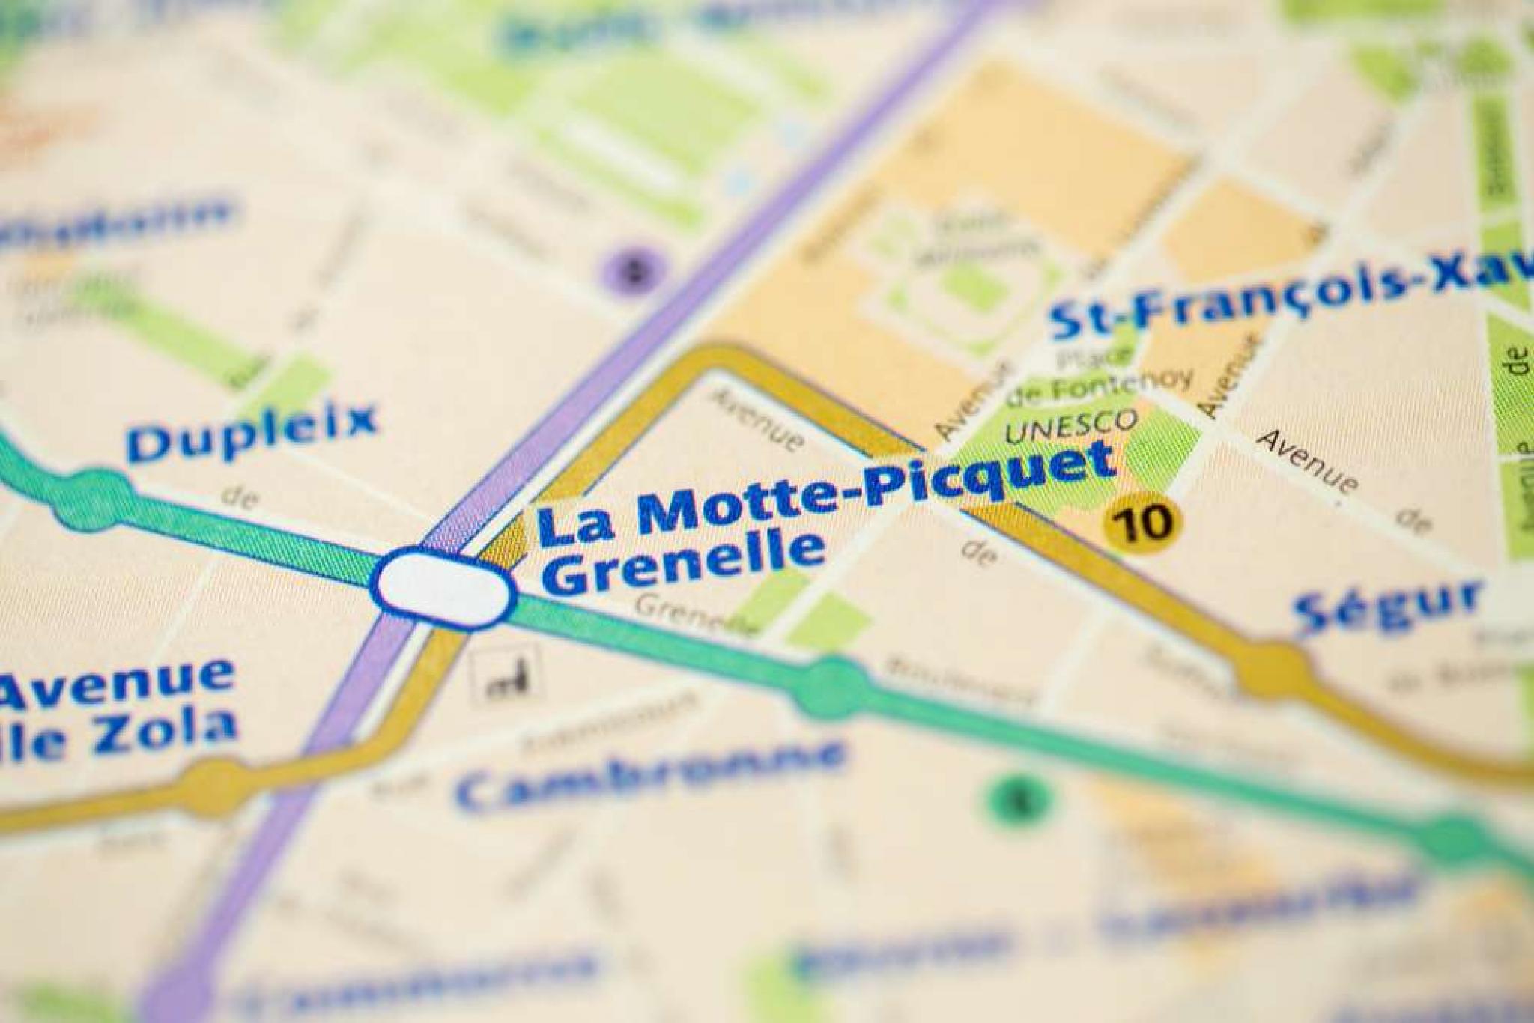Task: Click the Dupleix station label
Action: pos(251,433)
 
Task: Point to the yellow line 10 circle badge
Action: pos(1142,521)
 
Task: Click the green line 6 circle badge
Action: pos(1020,799)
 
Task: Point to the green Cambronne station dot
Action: pos(833,685)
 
